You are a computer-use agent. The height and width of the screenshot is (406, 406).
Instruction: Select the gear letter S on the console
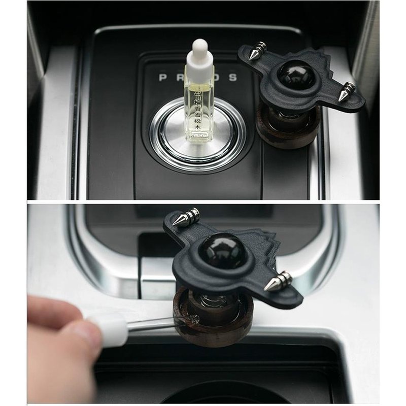click(233, 78)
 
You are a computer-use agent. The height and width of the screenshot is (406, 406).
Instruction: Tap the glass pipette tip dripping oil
click(193, 320)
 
